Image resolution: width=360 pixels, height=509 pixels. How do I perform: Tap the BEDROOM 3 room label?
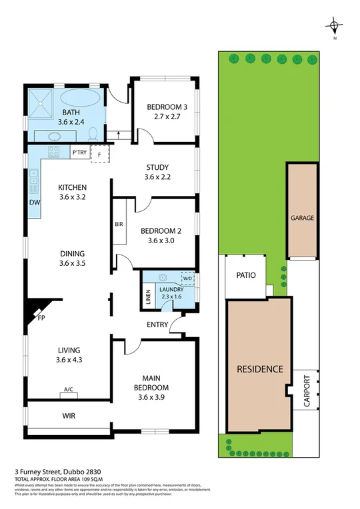[163, 105]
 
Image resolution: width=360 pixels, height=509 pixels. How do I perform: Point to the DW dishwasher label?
[33, 203]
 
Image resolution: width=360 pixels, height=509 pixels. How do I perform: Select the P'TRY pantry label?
[79, 153]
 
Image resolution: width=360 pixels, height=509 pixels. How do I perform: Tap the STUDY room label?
[157, 167]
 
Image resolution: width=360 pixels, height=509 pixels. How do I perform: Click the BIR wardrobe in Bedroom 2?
[119, 225]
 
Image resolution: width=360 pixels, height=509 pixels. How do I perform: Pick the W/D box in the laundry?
[187, 278]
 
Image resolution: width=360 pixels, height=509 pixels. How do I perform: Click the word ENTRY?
[157, 324]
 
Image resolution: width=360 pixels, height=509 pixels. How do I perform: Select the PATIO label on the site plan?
[246, 274]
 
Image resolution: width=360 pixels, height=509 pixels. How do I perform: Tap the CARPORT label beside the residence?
[307, 390]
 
